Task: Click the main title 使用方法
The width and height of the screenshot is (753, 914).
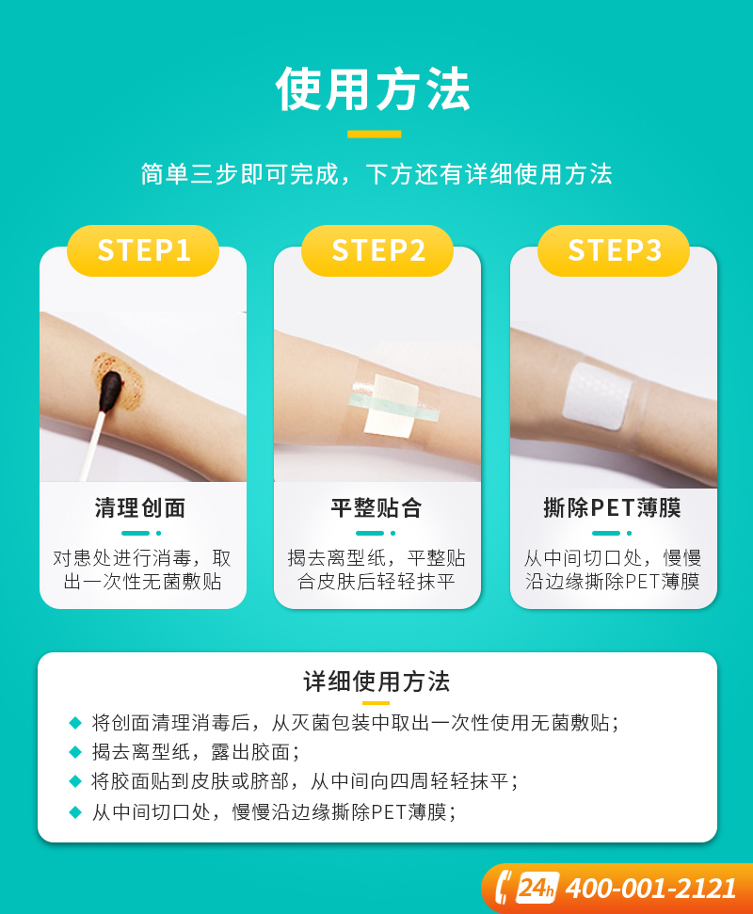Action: click(x=373, y=89)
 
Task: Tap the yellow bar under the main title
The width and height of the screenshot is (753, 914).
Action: click(x=375, y=134)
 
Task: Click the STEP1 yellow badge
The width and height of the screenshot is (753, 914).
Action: click(x=143, y=250)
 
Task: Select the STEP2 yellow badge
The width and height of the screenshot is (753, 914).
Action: click(x=377, y=250)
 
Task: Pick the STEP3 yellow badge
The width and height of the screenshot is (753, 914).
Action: click(x=614, y=250)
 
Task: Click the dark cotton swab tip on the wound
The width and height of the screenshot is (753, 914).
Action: click(x=111, y=390)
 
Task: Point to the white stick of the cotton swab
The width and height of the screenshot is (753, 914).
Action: click(x=93, y=446)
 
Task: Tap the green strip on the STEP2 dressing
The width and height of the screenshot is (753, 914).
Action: click(x=394, y=407)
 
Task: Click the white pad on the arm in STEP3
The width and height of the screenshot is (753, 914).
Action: click(x=598, y=396)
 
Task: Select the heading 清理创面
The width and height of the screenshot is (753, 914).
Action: click(x=140, y=507)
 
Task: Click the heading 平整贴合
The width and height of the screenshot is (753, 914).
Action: click(x=376, y=507)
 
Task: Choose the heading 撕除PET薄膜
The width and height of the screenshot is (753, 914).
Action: click(x=613, y=507)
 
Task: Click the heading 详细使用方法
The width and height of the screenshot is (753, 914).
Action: click(x=376, y=681)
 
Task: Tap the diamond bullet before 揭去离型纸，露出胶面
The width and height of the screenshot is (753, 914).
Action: click(x=75, y=752)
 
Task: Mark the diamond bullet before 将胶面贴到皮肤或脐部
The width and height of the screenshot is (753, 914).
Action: click(x=75, y=781)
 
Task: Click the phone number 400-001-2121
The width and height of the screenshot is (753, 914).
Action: click(x=651, y=889)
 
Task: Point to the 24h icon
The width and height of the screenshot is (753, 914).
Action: click(x=537, y=889)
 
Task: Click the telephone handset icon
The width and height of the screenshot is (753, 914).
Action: click(x=504, y=888)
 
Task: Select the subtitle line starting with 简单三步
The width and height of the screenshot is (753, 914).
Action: click(x=376, y=174)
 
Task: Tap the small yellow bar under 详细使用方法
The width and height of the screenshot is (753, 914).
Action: click(x=376, y=703)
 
